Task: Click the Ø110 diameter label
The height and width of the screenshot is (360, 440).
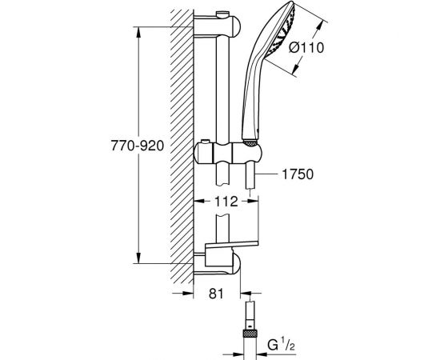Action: pos(306,48)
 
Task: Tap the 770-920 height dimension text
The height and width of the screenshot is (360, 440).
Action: pos(138,146)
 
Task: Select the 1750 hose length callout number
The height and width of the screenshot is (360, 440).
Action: pos(298,174)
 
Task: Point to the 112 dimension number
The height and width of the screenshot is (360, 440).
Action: pos(226,201)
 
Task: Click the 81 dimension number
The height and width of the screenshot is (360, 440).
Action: pos(216,294)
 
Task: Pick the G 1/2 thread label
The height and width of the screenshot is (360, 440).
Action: pos(282,345)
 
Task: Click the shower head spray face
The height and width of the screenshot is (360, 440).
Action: pos(281,31)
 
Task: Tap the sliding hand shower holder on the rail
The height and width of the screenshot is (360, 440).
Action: pos(228,154)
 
